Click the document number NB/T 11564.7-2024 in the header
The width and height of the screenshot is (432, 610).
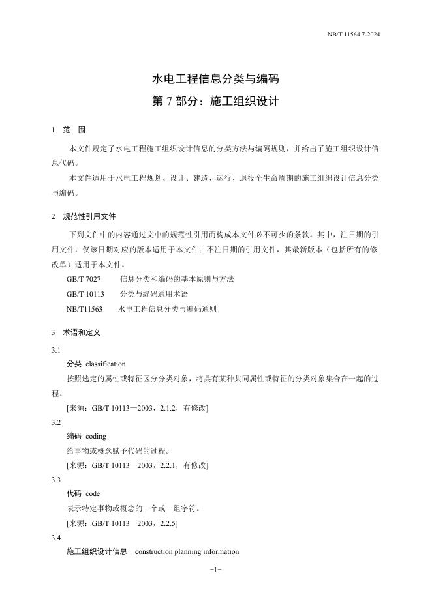(x=354, y=35)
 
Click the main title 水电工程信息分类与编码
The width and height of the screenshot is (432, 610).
(x=215, y=80)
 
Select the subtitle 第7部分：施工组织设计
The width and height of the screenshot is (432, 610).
(x=215, y=102)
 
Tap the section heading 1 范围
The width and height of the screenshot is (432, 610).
(x=69, y=130)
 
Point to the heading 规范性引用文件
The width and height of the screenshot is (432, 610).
(x=89, y=216)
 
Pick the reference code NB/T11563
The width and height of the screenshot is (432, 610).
(x=84, y=309)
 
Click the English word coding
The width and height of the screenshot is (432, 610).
(x=95, y=436)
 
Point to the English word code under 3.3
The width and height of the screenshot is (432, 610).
(x=93, y=493)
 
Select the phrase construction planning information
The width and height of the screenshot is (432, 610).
(x=187, y=551)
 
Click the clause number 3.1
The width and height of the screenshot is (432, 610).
(x=56, y=350)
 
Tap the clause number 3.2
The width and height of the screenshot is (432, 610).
(x=56, y=422)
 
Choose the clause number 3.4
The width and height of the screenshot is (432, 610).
(x=56, y=538)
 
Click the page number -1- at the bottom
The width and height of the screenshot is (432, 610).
(x=216, y=570)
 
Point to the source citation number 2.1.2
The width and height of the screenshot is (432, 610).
(x=169, y=407)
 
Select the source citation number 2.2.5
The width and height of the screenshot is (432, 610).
(x=169, y=523)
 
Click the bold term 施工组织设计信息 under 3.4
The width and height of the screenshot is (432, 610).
(x=97, y=551)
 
